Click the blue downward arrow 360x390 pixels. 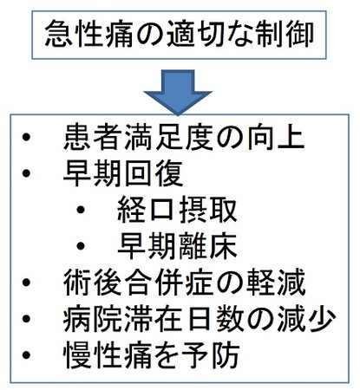pyautogui.click(x=178, y=93)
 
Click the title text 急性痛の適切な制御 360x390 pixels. pyautogui.click(x=180, y=35)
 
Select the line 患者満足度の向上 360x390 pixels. pyautogui.click(x=184, y=137)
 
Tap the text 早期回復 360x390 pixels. pyautogui.click(x=123, y=173)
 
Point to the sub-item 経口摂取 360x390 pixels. pyautogui.click(x=177, y=210)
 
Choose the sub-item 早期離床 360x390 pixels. pyautogui.click(x=177, y=246)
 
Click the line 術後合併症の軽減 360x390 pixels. pyautogui.click(x=185, y=283)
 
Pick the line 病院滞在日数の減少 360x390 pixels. pyautogui.click(x=200, y=318)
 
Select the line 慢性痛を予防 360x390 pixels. pyautogui.click(x=152, y=354)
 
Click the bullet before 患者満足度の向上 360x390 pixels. pyautogui.click(x=26, y=137)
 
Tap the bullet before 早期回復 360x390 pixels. pyautogui.click(x=26, y=173)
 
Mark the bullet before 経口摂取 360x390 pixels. pyautogui.click(x=81, y=210)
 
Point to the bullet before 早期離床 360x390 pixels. pyautogui.click(x=81, y=246)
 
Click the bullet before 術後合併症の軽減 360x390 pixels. pyautogui.click(x=26, y=283)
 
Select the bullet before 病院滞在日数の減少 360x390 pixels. pyautogui.click(x=26, y=318)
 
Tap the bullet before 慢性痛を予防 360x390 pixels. pyautogui.click(x=26, y=354)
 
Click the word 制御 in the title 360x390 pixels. pyautogui.click(x=285, y=35)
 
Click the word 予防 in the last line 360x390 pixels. pyautogui.click(x=210, y=354)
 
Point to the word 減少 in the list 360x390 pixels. pyautogui.click(x=306, y=318)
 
